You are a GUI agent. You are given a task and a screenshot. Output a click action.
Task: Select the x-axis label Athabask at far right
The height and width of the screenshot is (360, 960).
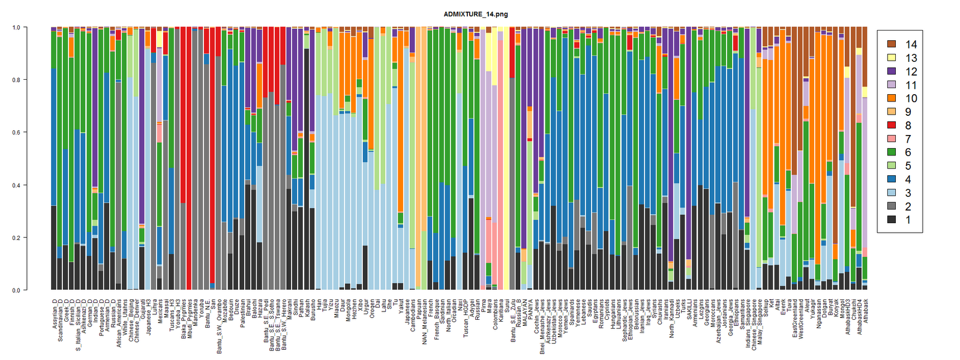pyautogui.click(x=865, y=310)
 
